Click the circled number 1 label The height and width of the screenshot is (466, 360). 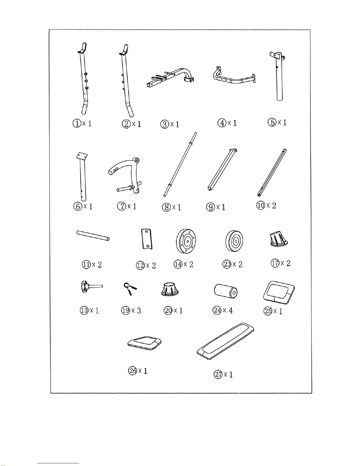pos(76,123)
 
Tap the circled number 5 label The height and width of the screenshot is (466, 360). pos(272,122)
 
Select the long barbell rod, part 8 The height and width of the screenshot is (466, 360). pos(180,164)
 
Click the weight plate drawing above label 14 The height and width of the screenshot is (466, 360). pos(186,241)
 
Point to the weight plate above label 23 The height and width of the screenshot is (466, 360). pos(235,241)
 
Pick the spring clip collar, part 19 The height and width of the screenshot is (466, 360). pos(130,289)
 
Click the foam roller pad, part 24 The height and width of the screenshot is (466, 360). pos(226,291)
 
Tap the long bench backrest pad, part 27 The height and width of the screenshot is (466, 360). pos(225,341)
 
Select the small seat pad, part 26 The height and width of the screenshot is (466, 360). pos(144,343)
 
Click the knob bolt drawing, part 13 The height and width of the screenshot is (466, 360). pos(90,286)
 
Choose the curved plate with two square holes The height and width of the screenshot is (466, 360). pos(147,239)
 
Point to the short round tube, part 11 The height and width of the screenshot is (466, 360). pos(93,235)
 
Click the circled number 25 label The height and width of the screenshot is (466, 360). pos(268,311)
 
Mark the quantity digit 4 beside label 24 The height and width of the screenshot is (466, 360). pos(230,310)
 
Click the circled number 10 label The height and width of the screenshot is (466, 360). pos(261,206)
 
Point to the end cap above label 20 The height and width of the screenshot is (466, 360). pos(170,289)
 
